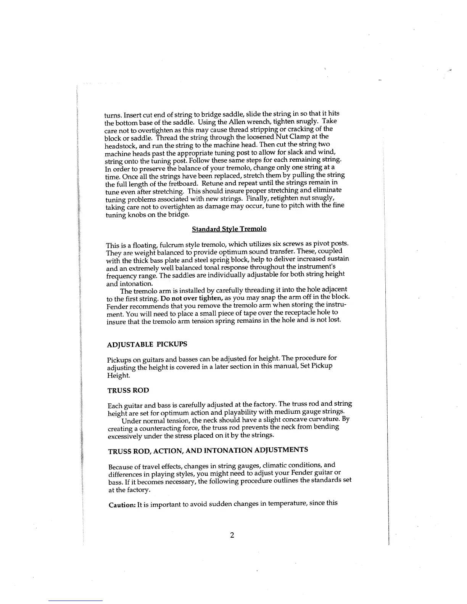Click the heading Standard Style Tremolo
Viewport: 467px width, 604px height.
pyautogui.click(x=229, y=229)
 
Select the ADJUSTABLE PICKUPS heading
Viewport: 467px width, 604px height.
pyautogui.click(x=147, y=344)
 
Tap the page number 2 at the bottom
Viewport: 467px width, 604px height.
pyautogui.click(x=232, y=535)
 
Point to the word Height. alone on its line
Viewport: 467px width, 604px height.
pyautogui.click(x=119, y=376)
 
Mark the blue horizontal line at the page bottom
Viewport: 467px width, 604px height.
pyautogui.click(x=76, y=601)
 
